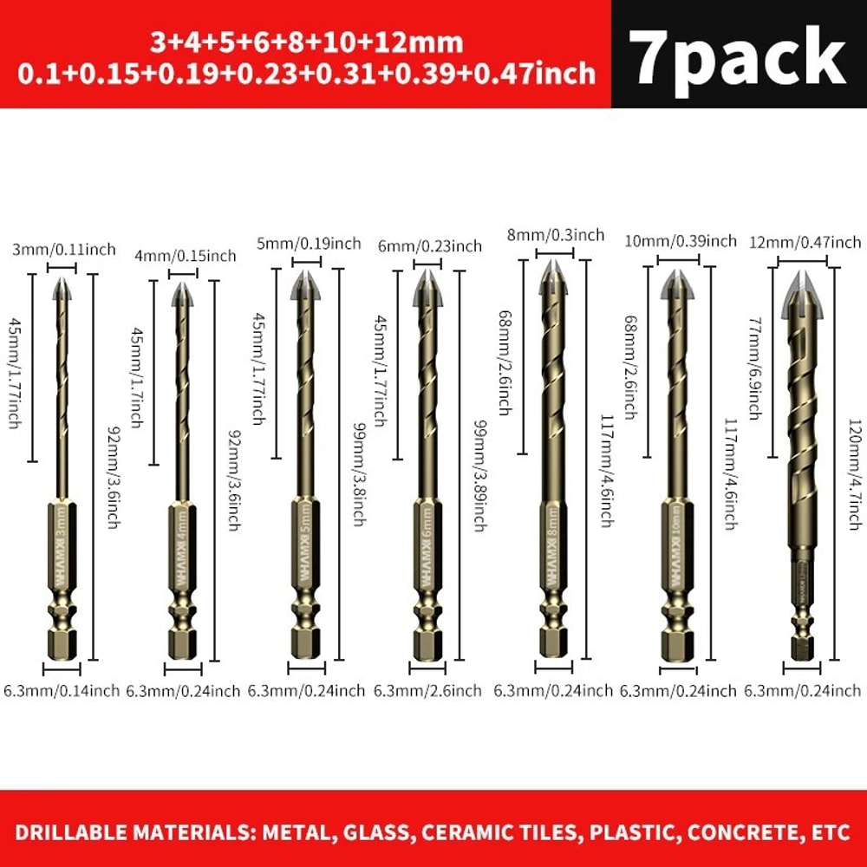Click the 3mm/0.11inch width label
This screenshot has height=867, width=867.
(63, 250)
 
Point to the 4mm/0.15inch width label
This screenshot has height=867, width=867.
(185, 256)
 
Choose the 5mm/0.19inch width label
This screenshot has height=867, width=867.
(309, 243)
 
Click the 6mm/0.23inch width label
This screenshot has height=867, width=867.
(429, 246)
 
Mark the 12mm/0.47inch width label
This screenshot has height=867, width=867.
(805, 242)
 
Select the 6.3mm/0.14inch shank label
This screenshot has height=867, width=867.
(62, 691)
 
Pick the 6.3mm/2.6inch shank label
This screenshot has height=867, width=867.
(427, 691)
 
